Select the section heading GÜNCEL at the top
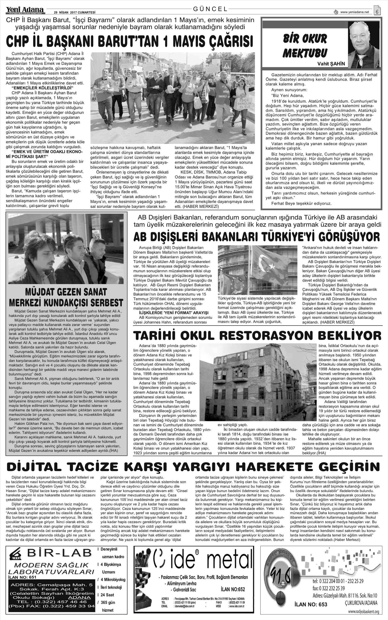[x=210, y=9]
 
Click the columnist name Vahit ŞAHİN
[x=331, y=64]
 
